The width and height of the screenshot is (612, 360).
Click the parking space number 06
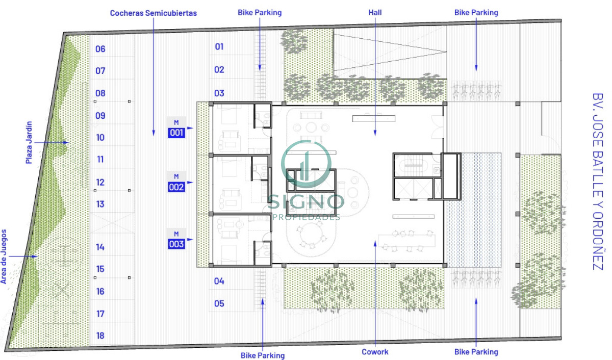100,49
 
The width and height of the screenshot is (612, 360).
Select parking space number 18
100,336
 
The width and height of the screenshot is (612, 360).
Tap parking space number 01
219,47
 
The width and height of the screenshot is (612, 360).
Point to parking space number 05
219,303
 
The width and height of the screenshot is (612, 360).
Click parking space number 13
100,204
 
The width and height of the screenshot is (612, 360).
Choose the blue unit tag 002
176,187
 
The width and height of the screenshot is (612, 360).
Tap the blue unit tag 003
176,244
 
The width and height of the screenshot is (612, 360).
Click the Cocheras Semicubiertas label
154,13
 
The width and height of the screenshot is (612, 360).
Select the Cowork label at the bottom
375,352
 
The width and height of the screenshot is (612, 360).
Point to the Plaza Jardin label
29,142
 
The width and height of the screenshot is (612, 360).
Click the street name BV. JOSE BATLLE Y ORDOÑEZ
597,181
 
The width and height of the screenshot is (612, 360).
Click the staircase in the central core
412,165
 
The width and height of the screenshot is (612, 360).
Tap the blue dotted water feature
473,209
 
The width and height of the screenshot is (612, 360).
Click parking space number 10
100,137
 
